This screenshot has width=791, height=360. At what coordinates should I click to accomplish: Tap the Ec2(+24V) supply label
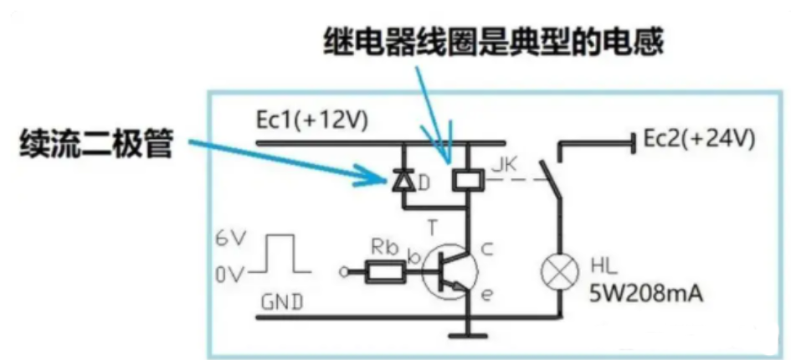[x=696, y=140]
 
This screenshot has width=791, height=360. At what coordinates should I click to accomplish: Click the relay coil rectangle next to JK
[x=463, y=178]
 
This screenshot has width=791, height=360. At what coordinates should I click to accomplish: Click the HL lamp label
[x=604, y=264]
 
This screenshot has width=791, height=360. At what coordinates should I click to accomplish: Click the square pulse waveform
[x=280, y=255]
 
